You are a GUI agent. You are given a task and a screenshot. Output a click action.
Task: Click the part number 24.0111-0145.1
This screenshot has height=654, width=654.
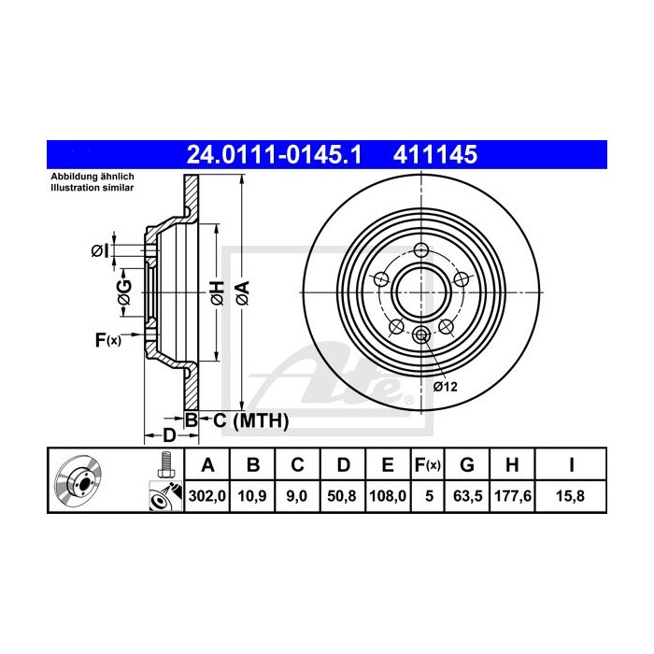pos(274,154)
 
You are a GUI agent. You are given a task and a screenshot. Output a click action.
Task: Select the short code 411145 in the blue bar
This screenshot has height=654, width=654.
pos(435,154)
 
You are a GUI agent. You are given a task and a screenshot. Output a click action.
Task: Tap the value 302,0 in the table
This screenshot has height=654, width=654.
pos(206,496)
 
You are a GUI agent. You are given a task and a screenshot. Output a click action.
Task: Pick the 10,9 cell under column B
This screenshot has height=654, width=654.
pos(252,496)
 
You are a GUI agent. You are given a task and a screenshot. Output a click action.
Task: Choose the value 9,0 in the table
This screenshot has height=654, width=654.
pos(296,496)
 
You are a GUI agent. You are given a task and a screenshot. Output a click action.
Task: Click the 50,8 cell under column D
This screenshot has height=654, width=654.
pos(342,496)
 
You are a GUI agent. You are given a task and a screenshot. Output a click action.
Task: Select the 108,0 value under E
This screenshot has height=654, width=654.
pos(388,496)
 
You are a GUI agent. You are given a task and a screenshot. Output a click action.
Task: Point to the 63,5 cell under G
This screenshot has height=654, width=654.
pos(467,496)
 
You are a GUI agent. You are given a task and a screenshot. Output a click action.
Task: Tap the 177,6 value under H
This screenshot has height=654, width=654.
pos(513,496)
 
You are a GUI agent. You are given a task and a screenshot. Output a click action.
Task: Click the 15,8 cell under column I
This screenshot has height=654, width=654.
pos(570,496)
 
